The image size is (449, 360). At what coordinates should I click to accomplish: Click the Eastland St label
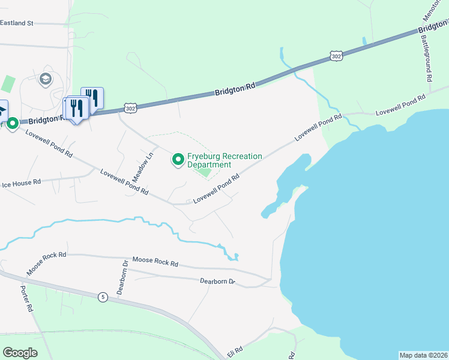point(17,23)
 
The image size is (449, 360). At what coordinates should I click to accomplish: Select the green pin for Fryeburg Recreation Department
point(178,159)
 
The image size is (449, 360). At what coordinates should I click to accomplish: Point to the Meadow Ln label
point(143,167)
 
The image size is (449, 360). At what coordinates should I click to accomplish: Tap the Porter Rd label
point(26,298)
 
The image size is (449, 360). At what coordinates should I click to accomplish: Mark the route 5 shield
point(103,296)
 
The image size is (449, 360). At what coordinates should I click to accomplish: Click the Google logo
point(20,353)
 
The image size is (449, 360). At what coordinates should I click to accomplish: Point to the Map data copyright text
point(423,355)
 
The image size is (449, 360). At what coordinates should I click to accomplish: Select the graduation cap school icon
point(45,79)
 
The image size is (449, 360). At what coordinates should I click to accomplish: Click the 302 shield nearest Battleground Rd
point(336,56)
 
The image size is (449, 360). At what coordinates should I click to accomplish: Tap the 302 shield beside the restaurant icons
point(131,107)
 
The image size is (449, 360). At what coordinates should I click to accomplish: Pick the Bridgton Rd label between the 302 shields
point(235,89)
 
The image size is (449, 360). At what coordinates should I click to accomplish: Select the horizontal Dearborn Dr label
point(217,281)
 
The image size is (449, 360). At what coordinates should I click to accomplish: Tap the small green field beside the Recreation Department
point(205,173)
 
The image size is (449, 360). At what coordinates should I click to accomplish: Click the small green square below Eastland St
point(8,83)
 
